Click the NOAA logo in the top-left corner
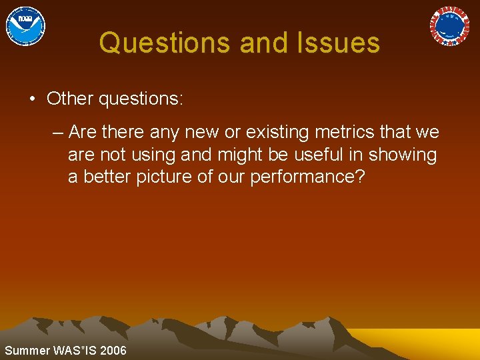pos(25,26)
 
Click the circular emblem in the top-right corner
pos(449,26)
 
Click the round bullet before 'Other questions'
pos(32,99)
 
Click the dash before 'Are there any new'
pos(58,132)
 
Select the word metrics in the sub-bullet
pos(356,132)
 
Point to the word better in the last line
pos(105,177)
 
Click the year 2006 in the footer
pos(113,351)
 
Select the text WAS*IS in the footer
pos(73,351)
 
